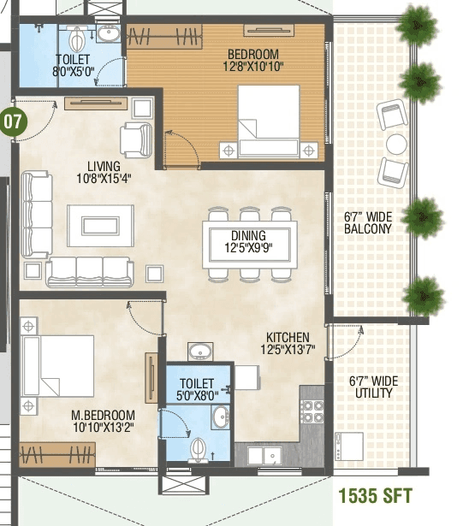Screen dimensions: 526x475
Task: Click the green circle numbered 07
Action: tap(14, 121)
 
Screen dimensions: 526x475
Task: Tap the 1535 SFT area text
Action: tap(375, 496)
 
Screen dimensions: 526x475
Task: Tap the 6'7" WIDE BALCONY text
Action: tap(370, 222)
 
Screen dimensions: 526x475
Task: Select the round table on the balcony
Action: tap(395, 143)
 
